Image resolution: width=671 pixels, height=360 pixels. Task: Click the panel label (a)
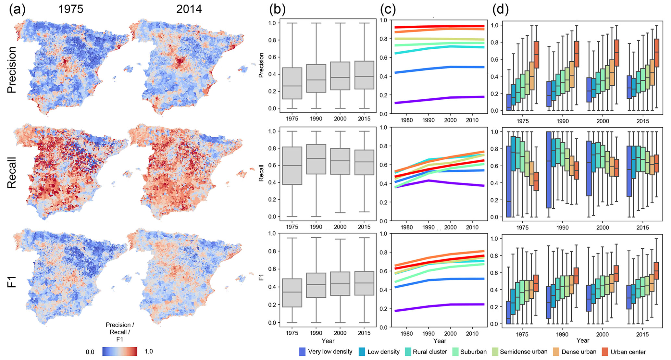(x=17, y=9)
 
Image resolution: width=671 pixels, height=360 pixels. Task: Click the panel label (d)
(x=500, y=10)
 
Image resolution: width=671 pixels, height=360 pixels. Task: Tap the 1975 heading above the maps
(x=71, y=9)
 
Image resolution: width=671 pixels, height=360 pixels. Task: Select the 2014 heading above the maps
(x=189, y=9)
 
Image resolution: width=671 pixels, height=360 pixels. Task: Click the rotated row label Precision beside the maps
(x=12, y=70)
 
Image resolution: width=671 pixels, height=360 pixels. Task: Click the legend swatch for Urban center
(x=605, y=352)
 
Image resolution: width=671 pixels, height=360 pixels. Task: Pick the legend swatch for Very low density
(x=302, y=352)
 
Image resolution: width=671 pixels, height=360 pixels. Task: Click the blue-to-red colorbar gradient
(x=120, y=352)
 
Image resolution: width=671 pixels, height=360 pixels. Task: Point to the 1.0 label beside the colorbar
(x=149, y=351)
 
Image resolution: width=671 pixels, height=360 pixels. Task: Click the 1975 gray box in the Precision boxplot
(x=292, y=83)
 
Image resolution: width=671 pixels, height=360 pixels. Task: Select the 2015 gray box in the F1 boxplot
(x=364, y=283)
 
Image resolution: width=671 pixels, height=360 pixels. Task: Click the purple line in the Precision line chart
(x=438, y=100)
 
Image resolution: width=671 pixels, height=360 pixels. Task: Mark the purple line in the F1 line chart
(x=438, y=305)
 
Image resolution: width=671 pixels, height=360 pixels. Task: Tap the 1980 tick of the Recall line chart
(x=406, y=228)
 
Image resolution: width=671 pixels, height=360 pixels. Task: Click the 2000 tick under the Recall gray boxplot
(x=340, y=227)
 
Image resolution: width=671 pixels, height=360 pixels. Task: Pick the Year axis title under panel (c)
(x=440, y=341)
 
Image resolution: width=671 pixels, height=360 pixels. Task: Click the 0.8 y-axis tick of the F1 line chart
(x=383, y=252)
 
